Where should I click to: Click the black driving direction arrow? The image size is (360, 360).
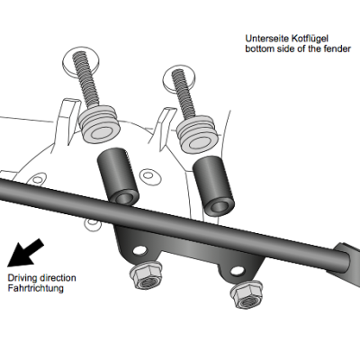(24, 253)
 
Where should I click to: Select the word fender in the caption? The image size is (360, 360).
(335, 49)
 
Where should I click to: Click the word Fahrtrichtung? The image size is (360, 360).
(36, 288)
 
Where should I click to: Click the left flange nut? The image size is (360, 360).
(146, 274)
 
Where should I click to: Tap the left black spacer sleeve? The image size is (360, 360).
(118, 178)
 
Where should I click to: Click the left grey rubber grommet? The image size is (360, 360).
(99, 123)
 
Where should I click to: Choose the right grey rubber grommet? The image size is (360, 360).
(196, 133)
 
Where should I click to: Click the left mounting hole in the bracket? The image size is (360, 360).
(140, 250)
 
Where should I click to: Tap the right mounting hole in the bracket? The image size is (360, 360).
(238, 271)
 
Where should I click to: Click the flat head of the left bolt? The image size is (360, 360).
(82, 61)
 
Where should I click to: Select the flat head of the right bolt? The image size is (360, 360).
(179, 76)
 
